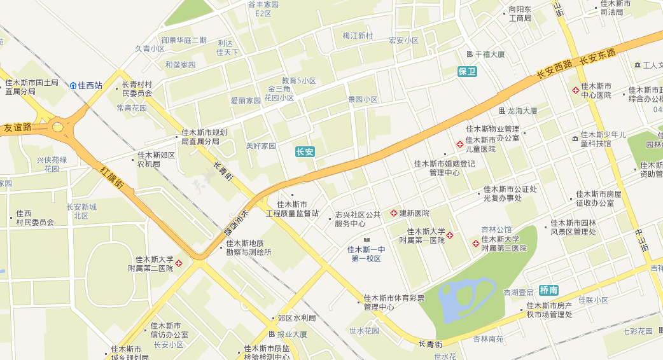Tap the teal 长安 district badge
(x=305, y=152)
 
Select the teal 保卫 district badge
(x=467, y=71)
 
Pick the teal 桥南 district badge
(x=548, y=289)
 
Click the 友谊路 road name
(x=17, y=127)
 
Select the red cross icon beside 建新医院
(x=394, y=212)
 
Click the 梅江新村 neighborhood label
(x=358, y=36)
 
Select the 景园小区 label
(x=363, y=100)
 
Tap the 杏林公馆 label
(x=496, y=230)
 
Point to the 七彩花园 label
(x=638, y=331)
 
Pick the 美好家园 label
(x=261, y=146)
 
